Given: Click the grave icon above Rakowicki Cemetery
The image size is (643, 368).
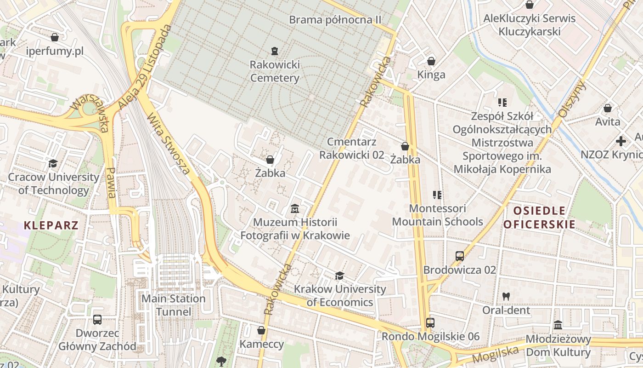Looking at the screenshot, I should coord(275,50).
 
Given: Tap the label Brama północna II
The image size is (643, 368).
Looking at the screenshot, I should coord(335,20).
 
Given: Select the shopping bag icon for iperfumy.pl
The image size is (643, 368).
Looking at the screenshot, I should coord(55,37).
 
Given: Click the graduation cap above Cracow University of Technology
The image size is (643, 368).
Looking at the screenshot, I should coord(53,163).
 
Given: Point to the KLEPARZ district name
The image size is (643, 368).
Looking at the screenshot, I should coord(51,225).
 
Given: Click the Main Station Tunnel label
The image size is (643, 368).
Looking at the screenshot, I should coord(173,305).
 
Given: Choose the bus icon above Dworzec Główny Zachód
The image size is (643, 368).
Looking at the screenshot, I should coord(97,319).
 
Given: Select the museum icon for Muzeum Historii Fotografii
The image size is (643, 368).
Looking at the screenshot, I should coord(295,209).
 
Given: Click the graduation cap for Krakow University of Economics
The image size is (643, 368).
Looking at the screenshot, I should coord(339,276).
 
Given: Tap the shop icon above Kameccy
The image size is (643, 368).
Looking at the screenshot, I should coord(261,330).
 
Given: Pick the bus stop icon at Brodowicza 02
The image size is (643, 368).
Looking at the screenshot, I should coord(460,256).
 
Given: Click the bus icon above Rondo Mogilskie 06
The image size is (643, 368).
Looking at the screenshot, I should coord(430,323).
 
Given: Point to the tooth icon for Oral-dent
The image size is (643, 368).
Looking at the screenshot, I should coord(506,297).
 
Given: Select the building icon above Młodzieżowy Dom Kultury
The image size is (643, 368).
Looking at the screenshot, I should coord(558,325).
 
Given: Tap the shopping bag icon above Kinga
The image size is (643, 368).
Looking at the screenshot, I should coord(431,61).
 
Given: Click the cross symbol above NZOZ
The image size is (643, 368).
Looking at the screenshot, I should coord(621,141).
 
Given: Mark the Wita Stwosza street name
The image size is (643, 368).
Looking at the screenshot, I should coord(168,144).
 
